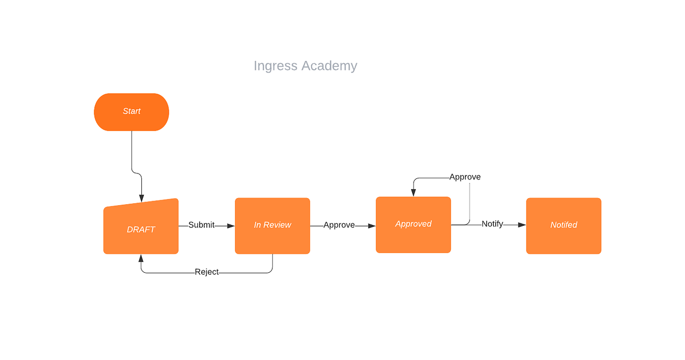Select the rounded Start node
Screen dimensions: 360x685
pos(132,111)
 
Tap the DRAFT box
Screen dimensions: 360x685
pos(141,229)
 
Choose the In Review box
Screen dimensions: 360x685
pos(272,225)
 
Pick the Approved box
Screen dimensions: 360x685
pos(413,224)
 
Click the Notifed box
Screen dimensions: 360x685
pos(563,225)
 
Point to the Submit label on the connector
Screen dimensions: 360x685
pos(201,225)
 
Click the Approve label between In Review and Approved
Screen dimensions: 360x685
pos(339,225)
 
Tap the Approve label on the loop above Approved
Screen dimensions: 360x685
pos(465,177)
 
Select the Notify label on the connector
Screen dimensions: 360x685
pos(492,224)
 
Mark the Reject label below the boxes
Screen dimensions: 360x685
pos(207,272)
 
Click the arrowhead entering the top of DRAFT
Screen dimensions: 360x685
pos(141,198)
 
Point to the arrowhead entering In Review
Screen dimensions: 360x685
pos(231,225)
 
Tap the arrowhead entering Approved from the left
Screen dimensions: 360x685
pos(372,225)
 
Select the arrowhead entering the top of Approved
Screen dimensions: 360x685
pos(413,193)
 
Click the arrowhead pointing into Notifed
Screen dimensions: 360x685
pos(522,225)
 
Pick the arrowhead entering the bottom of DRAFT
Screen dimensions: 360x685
pos(141,258)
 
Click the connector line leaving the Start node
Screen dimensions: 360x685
pos(132,151)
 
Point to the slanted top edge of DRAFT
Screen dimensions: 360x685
pos(141,203)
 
